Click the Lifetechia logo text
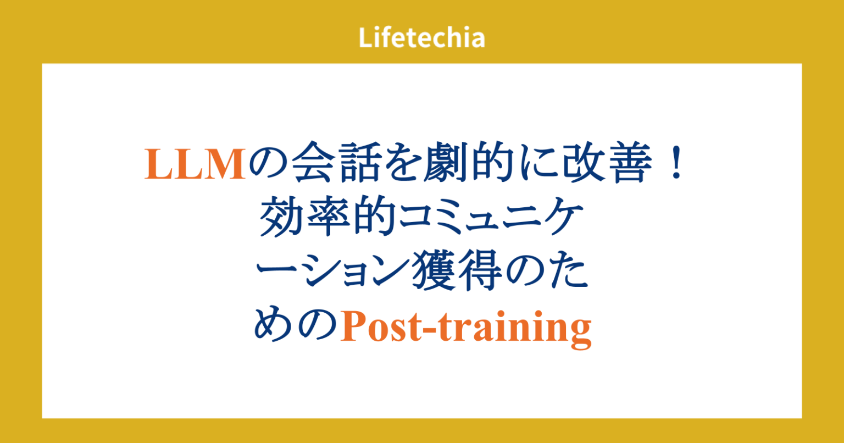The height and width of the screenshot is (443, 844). click(421, 38)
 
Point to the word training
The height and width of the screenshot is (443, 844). click(513, 329)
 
